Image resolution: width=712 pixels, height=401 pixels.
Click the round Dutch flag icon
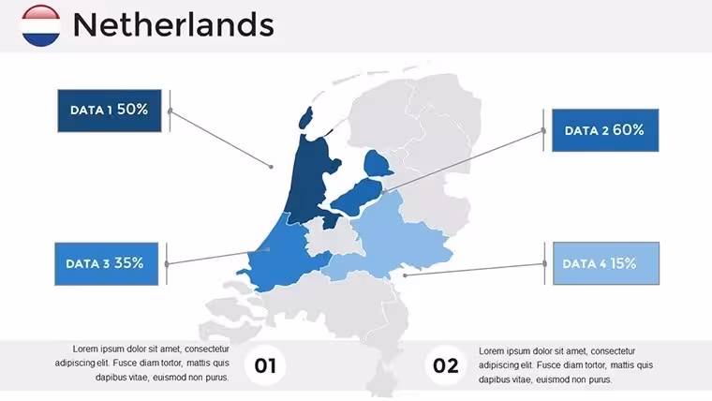pyautogui.click(x=41, y=25)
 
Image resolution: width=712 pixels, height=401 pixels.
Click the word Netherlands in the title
pyautogui.click(x=173, y=24)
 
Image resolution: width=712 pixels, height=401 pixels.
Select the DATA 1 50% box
pyautogui.click(x=110, y=111)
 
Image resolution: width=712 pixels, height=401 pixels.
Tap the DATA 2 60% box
pyautogui.click(x=605, y=130)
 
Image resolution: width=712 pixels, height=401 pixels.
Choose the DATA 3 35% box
pyautogui.click(x=106, y=264)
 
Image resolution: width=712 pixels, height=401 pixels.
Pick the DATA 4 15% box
pyautogui.click(x=606, y=263)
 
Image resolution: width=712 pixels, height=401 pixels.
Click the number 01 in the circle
pyautogui.click(x=265, y=365)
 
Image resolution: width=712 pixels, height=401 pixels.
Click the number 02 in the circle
pyautogui.click(x=445, y=365)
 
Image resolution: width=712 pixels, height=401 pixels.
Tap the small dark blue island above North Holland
pyautogui.click(x=305, y=118)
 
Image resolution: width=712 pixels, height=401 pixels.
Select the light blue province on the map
pyautogui.click(x=391, y=241)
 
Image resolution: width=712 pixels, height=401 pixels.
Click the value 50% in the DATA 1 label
pyautogui.click(x=133, y=110)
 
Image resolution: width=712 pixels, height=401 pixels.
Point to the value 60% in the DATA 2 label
pyautogui.click(x=628, y=130)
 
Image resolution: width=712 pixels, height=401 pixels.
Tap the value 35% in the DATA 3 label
pyautogui.click(x=128, y=263)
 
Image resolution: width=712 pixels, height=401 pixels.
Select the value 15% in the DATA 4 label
pyautogui.click(x=623, y=263)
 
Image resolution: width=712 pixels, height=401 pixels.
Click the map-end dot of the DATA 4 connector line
pyautogui.click(x=405, y=275)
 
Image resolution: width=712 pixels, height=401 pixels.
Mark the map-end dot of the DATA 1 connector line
pyautogui.click(x=271, y=167)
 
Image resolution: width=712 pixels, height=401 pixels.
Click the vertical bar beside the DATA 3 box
pyautogui.click(x=167, y=264)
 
